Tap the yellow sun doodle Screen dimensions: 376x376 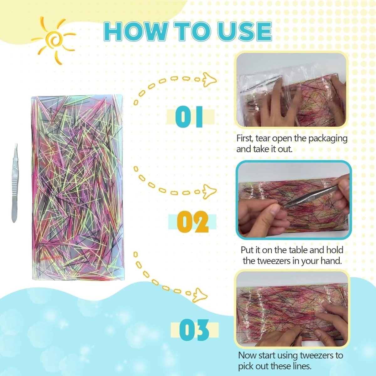click(53, 40)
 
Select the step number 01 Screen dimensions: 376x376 click(189, 116)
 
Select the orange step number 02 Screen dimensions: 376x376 click(193, 222)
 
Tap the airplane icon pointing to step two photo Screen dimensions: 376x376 click(210, 191)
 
